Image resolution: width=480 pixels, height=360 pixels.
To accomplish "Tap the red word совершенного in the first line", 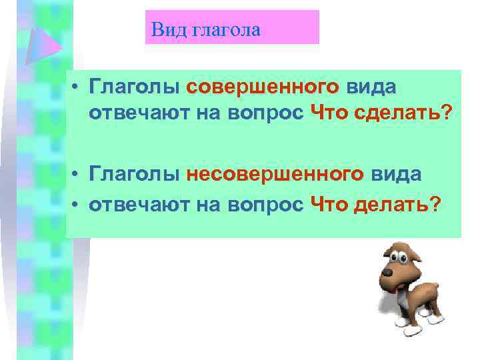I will tap(263, 87).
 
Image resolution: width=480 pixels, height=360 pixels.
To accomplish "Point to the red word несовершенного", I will tap(275, 174).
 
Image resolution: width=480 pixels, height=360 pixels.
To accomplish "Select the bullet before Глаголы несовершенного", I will tap(78, 175).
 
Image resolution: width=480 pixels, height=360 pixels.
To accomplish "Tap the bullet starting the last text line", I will tap(78, 205).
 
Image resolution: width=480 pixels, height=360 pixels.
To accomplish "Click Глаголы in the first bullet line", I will tap(135, 87).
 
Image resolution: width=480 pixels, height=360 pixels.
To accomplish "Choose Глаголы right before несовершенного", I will tap(135, 174).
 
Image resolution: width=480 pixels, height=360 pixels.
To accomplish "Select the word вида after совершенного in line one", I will tap(371, 87).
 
